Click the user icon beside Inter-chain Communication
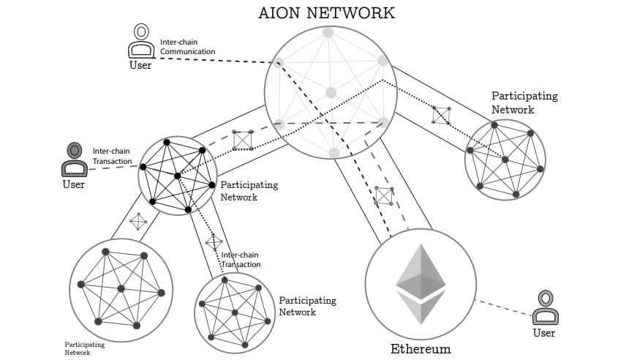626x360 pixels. click(140, 42)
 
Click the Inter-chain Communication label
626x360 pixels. click(187, 48)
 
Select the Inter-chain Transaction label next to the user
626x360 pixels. click(112, 156)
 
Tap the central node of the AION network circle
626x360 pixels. click(331, 93)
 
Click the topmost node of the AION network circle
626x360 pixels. click(328, 33)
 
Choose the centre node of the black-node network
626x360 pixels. click(177, 176)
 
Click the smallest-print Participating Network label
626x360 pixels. click(84, 348)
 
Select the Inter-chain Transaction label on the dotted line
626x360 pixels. click(241, 259)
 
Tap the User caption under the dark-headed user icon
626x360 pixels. click(74, 184)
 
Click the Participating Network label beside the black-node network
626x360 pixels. click(249, 191)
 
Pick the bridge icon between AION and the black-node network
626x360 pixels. click(243, 140)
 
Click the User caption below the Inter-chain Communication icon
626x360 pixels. click(140, 65)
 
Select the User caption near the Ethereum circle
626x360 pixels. click(543, 333)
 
